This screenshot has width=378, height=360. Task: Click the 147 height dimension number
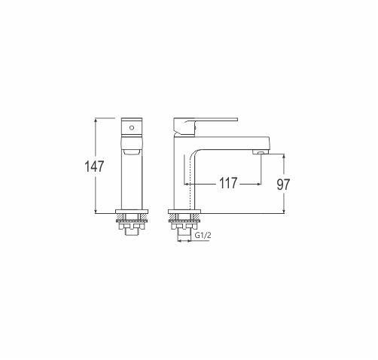click(x=94, y=166)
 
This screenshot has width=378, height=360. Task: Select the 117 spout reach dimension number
click(x=228, y=183)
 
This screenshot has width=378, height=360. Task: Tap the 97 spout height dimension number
click(x=283, y=185)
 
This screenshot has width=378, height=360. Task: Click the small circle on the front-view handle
click(x=132, y=128)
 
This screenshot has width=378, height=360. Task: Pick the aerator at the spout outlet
click(x=261, y=152)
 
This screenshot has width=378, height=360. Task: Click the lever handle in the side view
click(x=206, y=126)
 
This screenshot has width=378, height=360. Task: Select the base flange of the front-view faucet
click(x=132, y=212)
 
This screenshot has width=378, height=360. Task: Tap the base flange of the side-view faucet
click(x=184, y=212)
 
